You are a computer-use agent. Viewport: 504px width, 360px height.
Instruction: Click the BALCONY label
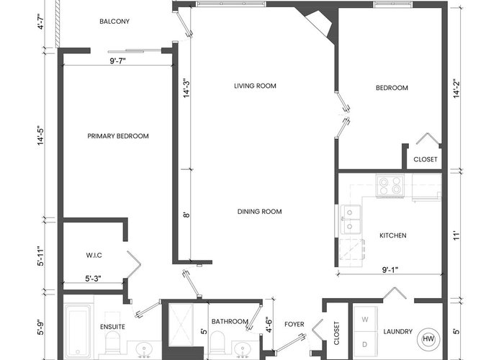[114, 22]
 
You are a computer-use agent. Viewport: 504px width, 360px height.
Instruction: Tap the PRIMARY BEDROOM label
[118, 136]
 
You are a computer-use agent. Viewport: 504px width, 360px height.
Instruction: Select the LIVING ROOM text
[255, 86]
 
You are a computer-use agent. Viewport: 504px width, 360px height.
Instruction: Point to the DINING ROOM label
[259, 212]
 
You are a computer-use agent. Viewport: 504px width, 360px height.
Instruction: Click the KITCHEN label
[393, 235]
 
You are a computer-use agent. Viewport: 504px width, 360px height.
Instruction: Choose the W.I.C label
[94, 255]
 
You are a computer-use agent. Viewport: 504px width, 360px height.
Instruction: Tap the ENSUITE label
[112, 327]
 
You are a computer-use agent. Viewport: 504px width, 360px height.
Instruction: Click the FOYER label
[294, 324]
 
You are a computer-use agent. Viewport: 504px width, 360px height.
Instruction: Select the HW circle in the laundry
[427, 338]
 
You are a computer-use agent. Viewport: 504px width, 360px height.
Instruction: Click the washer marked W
[365, 319]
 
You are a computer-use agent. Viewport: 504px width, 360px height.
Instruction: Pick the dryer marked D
[365, 345]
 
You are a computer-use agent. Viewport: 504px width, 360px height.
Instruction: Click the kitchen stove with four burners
[390, 186]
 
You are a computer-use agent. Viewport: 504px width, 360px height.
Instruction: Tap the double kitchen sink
[350, 219]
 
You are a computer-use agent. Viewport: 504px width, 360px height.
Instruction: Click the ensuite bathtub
[78, 331]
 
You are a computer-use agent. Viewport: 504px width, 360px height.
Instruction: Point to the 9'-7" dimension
[117, 60]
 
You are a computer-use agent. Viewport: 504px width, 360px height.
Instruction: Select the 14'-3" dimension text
[186, 88]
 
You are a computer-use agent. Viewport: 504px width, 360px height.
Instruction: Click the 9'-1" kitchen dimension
[390, 270]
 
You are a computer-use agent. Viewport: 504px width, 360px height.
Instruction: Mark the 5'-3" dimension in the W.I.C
[93, 279]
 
